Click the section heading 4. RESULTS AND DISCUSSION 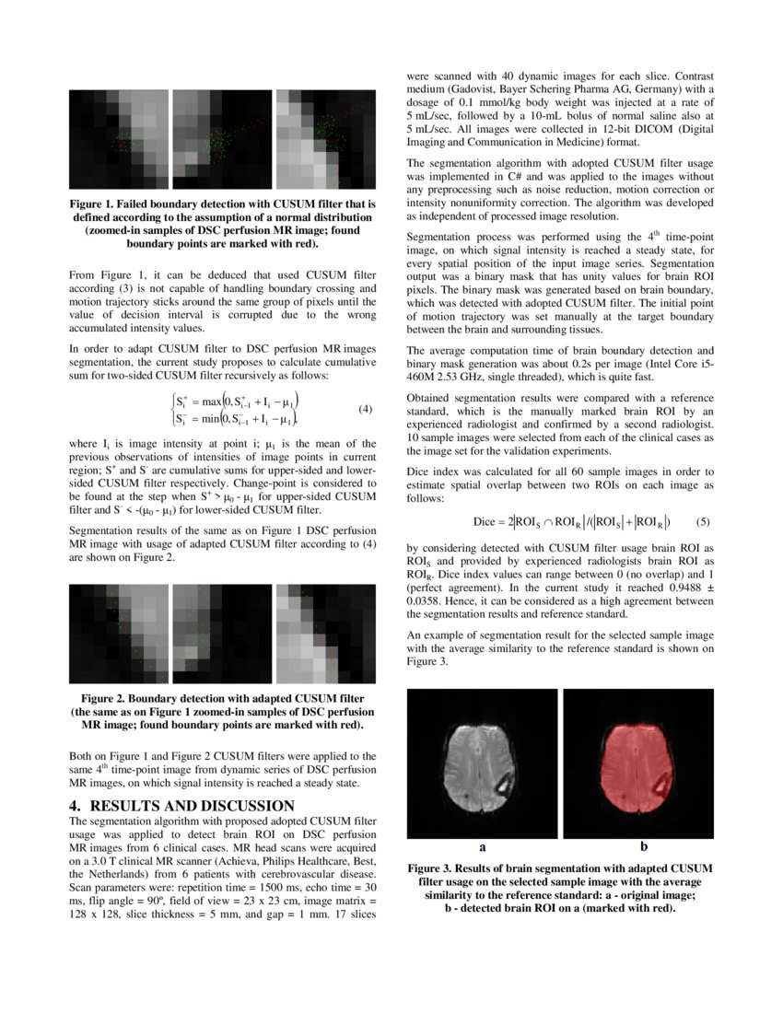pyautogui.click(x=181, y=806)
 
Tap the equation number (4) pyautogui.click(x=365, y=408)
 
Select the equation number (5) pyautogui.click(x=703, y=521)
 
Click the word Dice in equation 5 pyautogui.click(x=485, y=522)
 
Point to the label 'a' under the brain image pyautogui.click(x=482, y=844)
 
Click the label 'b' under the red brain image pyautogui.click(x=643, y=844)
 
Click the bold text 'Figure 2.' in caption pyautogui.click(x=109, y=698)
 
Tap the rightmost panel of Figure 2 pyautogui.click(x=326, y=634)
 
